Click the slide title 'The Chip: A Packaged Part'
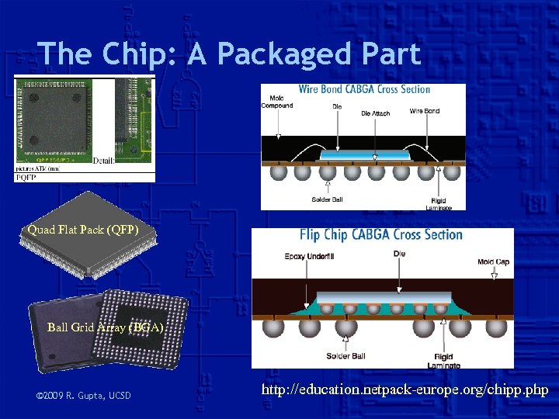pyautogui.click(x=229, y=54)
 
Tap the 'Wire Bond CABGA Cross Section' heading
pyautogui.click(x=363, y=89)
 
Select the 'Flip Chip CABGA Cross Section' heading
pyautogui.click(x=380, y=235)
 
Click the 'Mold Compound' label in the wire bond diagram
pyautogui.click(x=277, y=102)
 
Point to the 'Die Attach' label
pyautogui.click(x=376, y=113)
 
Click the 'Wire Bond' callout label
pyautogui.click(x=425, y=111)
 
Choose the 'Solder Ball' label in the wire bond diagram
pyautogui.click(x=327, y=199)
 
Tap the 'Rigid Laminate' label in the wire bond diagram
pyautogui.click(x=439, y=203)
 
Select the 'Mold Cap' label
pyautogui.click(x=494, y=261)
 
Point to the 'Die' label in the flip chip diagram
pyautogui.click(x=400, y=254)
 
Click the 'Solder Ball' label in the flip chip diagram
pyautogui.click(x=345, y=356)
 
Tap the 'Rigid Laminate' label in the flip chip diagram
pyautogui.click(x=443, y=361)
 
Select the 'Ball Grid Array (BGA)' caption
pyautogui.click(x=106, y=327)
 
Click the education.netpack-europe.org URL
pyautogui.click(x=404, y=390)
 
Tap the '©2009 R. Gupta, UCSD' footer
pyautogui.click(x=84, y=396)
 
